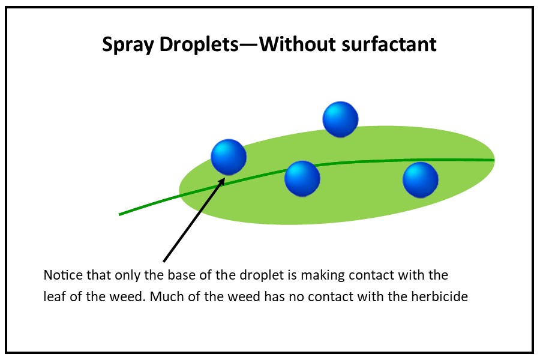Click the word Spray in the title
[x=128, y=45]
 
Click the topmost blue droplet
[x=340, y=119]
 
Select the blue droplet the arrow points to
[x=229, y=157]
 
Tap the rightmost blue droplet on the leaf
[x=421, y=180]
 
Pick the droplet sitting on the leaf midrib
[x=302, y=178]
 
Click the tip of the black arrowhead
[x=225, y=178]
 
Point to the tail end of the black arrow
[x=164, y=262]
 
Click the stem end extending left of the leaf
[x=119, y=215]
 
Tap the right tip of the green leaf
[x=494, y=159]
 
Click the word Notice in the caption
[x=63, y=275]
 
